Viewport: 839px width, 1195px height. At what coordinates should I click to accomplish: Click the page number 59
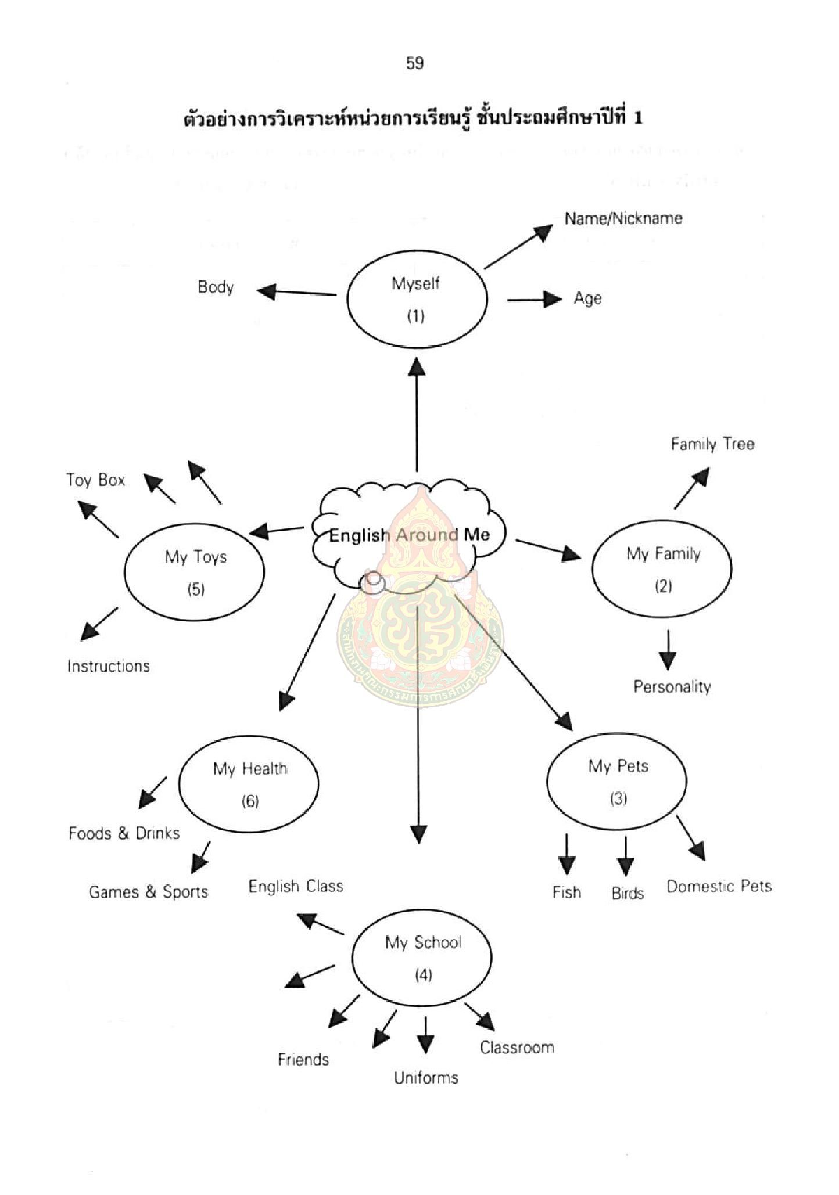(x=415, y=63)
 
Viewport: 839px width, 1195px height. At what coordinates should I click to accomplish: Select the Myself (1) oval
(x=417, y=299)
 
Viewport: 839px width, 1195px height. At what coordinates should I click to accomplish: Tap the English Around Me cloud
(x=409, y=535)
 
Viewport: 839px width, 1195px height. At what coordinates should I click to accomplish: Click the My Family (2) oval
(x=662, y=568)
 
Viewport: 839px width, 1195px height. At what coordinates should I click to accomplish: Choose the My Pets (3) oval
(x=617, y=781)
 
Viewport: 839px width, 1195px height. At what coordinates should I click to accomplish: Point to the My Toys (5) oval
(x=195, y=572)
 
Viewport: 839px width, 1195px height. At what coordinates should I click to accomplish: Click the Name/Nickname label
(x=623, y=218)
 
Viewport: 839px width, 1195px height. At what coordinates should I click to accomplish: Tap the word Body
(x=216, y=287)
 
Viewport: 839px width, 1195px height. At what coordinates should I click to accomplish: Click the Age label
(x=587, y=298)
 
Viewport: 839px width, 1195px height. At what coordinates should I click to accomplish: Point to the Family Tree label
(x=712, y=444)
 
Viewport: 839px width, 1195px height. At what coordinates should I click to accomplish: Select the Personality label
(x=672, y=687)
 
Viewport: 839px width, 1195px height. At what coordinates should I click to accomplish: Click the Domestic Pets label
(x=719, y=887)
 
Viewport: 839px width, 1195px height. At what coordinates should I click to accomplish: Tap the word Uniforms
(x=426, y=1078)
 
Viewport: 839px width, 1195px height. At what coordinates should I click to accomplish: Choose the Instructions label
(x=109, y=666)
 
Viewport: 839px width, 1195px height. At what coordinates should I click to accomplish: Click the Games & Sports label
(x=148, y=892)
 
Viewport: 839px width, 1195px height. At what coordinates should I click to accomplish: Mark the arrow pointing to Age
(x=535, y=300)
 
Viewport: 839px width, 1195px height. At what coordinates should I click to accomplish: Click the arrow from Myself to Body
(x=296, y=292)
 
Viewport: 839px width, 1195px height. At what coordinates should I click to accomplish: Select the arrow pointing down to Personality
(x=668, y=650)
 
